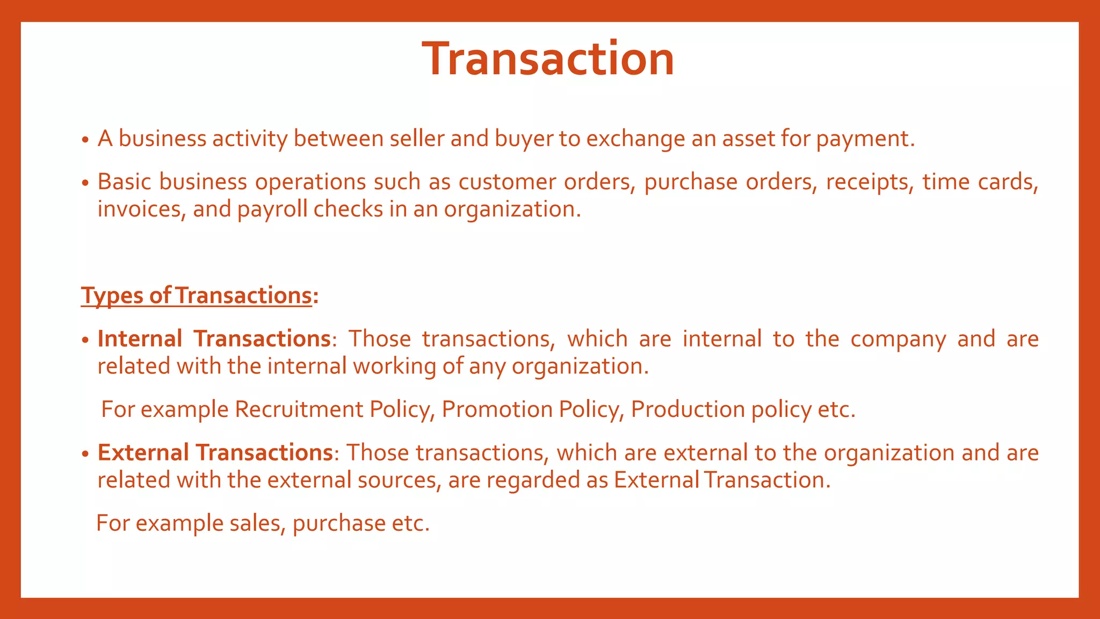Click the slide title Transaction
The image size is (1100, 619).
point(548,59)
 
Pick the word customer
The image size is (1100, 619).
point(507,182)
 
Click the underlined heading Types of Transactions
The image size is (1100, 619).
point(197,296)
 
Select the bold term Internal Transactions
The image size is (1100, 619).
point(214,339)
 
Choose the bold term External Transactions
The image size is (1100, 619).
point(215,453)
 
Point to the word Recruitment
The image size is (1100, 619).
point(299,409)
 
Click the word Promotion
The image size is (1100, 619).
point(497,409)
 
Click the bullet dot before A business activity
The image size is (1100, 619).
point(85,140)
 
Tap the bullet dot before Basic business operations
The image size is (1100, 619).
point(85,183)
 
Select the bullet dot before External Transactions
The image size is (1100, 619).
point(85,454)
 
